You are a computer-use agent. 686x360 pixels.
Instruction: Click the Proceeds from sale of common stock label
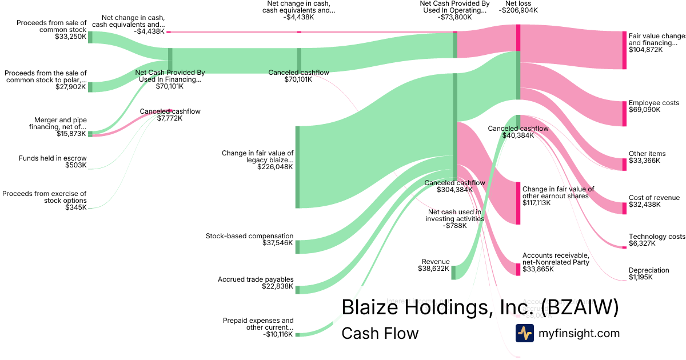[51, 26]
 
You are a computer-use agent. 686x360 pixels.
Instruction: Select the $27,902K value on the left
[70, 87]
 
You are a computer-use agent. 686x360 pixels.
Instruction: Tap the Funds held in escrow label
[53, 158]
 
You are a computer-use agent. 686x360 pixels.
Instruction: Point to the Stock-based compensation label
[249, 236]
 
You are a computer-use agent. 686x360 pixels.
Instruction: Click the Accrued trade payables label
[256, 279]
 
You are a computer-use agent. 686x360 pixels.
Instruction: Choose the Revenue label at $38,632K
[435, 262]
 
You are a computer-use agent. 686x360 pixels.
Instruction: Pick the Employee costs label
[653, 103]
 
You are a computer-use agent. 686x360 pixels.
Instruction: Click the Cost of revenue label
[654, 198]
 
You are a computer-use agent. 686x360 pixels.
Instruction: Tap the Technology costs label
[656, 237]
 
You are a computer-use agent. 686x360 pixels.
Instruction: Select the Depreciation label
[649, 270]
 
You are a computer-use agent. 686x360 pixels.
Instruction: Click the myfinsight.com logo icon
[524, 333]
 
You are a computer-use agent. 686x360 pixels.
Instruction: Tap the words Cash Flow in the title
[380, 333]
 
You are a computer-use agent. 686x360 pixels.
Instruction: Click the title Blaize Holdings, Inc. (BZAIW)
[480, 307]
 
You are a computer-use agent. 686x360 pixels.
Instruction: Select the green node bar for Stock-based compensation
[297, 246]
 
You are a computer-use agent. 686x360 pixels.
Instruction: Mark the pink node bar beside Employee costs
[624, 113]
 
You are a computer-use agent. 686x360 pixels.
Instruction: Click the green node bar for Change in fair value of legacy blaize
[297, 167]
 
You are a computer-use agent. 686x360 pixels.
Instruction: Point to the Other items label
[647, 154]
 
